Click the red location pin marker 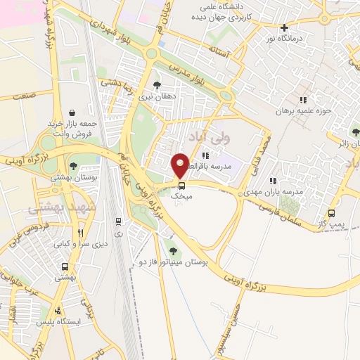click(x=180, y=165)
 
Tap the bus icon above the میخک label click(x=182, y=186)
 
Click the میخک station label click(x=182, y=198)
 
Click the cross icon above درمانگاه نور click(x=284, y=28)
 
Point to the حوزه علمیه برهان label click(x=302, y=110)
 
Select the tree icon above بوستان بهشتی click(x=73, y=167)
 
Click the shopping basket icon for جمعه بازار click(x=73, y=112)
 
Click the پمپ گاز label click(x=330, y=223)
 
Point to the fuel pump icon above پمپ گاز click(x=330, y=212)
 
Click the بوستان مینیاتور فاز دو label click(x=173, y=261)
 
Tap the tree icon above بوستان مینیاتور click(x=173, y=250)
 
